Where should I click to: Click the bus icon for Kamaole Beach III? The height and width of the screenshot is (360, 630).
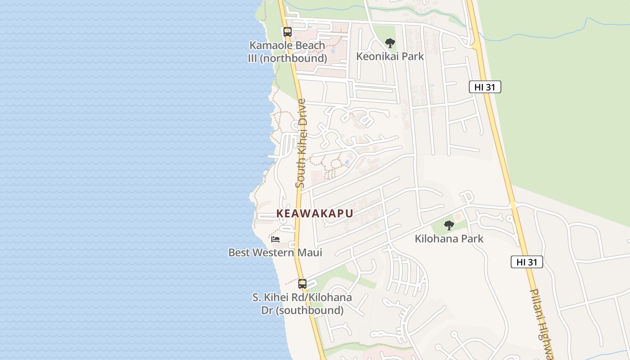(x=287, y=32)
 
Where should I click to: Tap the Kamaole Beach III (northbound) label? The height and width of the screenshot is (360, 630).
(x=287, y=52)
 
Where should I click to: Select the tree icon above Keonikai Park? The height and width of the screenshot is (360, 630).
(x=390, y=43)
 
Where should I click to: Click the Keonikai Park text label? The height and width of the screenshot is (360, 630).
(x=390, y=56)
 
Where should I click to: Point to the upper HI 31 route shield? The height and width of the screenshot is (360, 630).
(x=485, y=87)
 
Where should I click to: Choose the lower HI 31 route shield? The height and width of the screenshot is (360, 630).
(x=526, y=262)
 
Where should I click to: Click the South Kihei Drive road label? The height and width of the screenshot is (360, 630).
(x=301, y=143)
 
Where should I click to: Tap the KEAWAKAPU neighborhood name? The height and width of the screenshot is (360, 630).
(x=315, y=213)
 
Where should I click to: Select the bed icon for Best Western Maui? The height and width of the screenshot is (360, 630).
(x=275, y=239)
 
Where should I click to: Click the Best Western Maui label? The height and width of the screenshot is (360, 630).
(x=275, y=252)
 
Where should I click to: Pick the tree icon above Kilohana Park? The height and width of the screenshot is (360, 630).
(x=449, y=225)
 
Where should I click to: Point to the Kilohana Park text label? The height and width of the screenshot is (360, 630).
(x=449, y=238)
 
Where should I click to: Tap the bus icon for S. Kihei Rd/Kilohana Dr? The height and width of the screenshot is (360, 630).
(x=302, y=284)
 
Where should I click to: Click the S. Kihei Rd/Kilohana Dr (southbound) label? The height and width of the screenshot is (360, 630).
(x=302, y=304)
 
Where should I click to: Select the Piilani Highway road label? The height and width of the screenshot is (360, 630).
(x=541, y=324)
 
